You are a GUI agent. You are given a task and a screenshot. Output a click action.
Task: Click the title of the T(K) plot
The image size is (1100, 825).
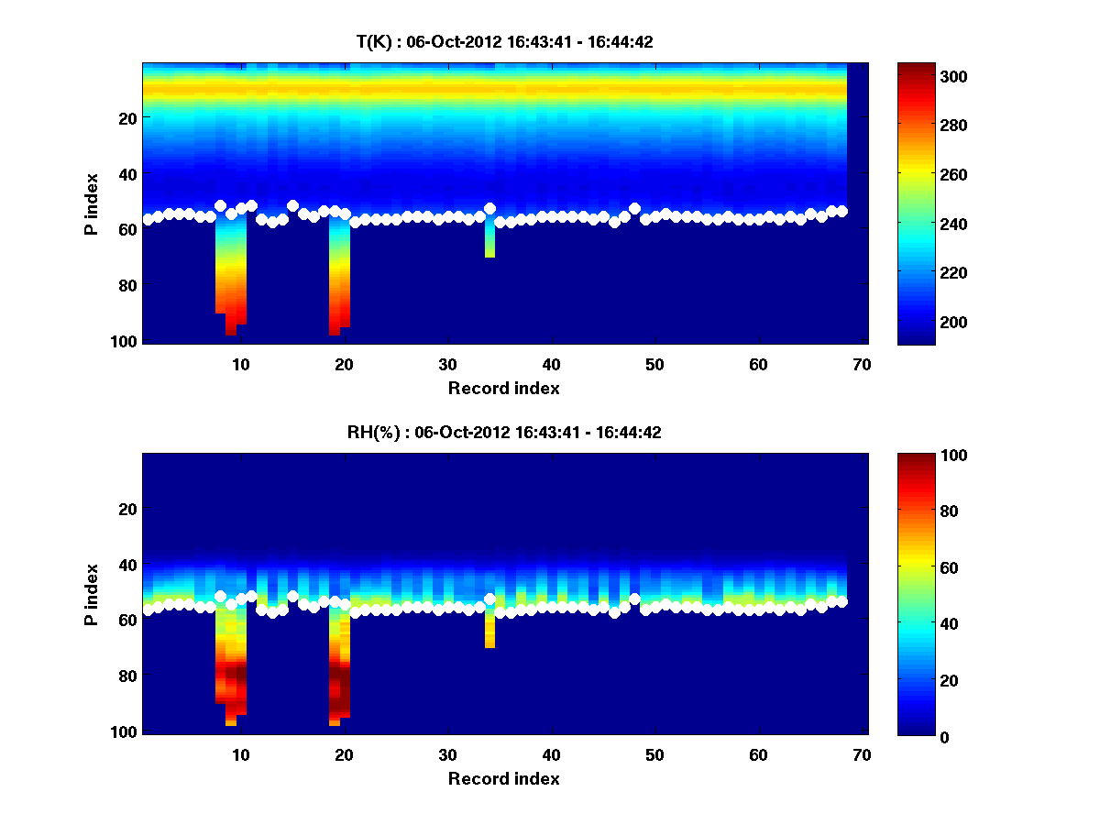pos(504,41)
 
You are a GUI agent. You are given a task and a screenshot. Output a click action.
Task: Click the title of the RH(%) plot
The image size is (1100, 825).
pos(504,433)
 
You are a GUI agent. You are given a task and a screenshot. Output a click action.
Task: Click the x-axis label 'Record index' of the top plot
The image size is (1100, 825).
pos(504,388)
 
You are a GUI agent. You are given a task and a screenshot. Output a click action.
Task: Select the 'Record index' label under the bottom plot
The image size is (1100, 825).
pos(504,778)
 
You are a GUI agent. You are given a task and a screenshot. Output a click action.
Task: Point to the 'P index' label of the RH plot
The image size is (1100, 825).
pos(92,594)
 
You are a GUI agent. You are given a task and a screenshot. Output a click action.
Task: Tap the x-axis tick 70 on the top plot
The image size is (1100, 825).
pos(862,364)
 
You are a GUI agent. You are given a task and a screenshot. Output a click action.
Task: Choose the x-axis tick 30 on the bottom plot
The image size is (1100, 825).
pos(447,754)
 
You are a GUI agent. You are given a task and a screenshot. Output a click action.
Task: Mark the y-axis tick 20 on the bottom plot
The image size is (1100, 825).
pos(127,509)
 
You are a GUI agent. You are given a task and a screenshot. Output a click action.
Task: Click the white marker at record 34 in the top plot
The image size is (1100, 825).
pos(489,209)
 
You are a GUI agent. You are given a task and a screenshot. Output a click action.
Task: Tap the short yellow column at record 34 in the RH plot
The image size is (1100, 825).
pos(489,631)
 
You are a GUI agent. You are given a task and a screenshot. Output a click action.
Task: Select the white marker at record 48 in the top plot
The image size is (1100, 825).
pos(634,209)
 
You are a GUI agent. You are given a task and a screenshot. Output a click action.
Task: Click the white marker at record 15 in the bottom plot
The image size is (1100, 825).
pos(292,596)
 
